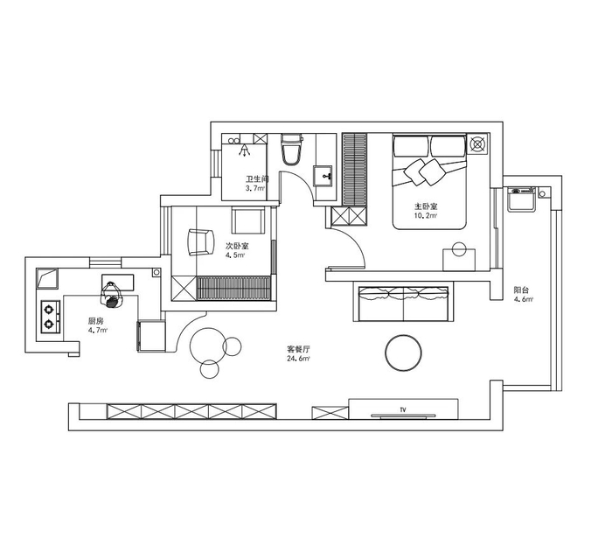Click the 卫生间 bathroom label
tap(257, 179)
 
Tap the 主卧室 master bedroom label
tap(426, 206)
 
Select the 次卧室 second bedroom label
tap(237, 247)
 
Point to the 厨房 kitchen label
tap(95, 321)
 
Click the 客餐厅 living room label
tap(298, 349)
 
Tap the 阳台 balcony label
tap(521, 290)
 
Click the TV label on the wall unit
tap(403, 410)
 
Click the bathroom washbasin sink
tap(323, 177)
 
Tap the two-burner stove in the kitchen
tap(51, 317)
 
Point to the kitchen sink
tap(47, 279)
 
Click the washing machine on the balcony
tap(521, 199)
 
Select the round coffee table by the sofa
tap(403, 353)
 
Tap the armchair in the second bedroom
tap(201, 242)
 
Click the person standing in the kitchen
tap(113, 295)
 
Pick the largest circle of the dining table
tap(208, 346)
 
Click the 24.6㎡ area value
tap(298, 359)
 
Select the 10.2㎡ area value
tap(426, 215)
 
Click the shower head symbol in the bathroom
tap(245, 150)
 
